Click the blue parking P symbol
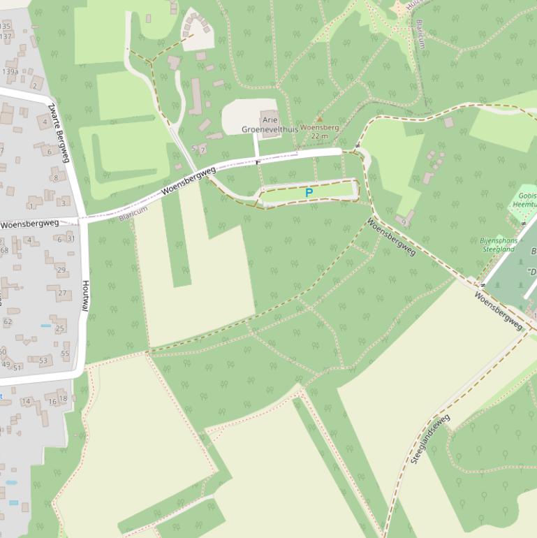(309, 192)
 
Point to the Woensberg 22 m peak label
(319, 132)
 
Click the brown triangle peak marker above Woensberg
(320, 119)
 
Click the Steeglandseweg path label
(430, 439)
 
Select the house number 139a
(10, 71)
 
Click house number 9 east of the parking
(404, 222)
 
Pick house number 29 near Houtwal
(61, 270)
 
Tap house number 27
(62, 293)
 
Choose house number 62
(8, 322)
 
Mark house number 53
(43, 361)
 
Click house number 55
(65, 354)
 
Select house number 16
(52, 401)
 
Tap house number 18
(63, 398)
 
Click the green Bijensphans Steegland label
(498, 245)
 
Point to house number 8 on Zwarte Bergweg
(56, 178)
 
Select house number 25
(60, 328)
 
